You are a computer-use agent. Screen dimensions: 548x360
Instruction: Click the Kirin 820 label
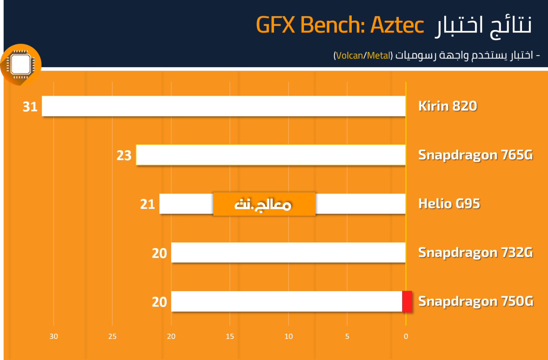point(447,106)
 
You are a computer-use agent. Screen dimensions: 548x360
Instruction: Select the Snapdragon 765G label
point(475,155)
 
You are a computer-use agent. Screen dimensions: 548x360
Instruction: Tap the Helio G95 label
point(449,204)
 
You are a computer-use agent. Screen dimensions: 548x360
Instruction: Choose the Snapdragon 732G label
point(475,252)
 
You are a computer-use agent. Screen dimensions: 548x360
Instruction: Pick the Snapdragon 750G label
point(476,301)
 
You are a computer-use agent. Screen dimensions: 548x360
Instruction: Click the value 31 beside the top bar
point(30,107)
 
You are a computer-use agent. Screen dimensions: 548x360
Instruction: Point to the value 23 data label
point(124,156)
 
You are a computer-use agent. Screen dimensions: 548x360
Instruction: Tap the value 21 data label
point(147,204)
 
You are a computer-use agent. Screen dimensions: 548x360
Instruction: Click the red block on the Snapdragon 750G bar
point(407,301)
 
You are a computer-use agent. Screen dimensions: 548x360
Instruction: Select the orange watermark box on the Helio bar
point(264,204)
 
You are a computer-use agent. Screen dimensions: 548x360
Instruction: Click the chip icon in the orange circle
point(21,64)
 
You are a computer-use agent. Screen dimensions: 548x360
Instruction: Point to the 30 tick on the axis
point(54,336)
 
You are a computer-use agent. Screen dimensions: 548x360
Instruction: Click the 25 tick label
point(112,336)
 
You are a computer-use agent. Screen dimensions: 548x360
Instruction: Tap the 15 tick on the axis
point(230,336)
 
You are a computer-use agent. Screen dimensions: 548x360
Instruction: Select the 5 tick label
point(347,336)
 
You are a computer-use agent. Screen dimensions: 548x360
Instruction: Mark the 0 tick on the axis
point(406,336)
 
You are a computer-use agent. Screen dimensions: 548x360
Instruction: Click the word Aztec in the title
point(397,25)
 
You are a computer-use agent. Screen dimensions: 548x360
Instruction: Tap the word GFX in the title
point(275,25)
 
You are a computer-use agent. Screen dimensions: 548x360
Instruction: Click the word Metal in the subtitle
point(378,56)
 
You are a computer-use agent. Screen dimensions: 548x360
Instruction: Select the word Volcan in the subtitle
point(350,56)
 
